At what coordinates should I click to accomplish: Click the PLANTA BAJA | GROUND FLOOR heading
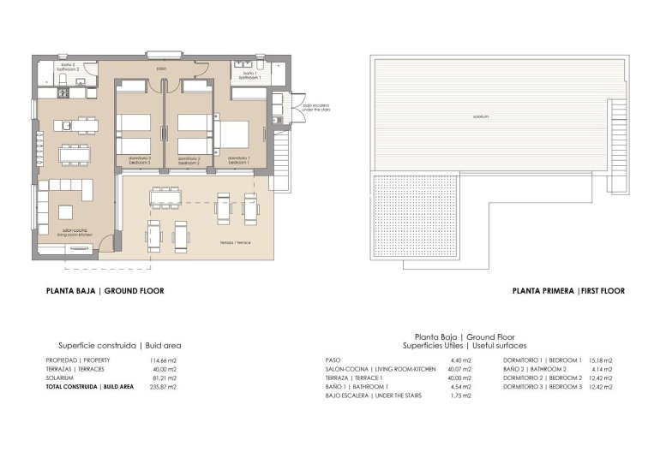click(105, 291)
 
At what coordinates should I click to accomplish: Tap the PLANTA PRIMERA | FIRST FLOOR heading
click(567, 291)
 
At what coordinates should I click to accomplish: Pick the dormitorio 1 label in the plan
click(237, 159)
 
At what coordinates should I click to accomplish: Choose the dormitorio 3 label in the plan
click(140, 159)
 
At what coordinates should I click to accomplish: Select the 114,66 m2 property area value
click(162, 360)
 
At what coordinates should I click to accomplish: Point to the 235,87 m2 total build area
click(162, 387)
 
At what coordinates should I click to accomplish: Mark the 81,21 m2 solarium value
click(162, 378)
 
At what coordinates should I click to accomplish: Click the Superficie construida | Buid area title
click(119, 345)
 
